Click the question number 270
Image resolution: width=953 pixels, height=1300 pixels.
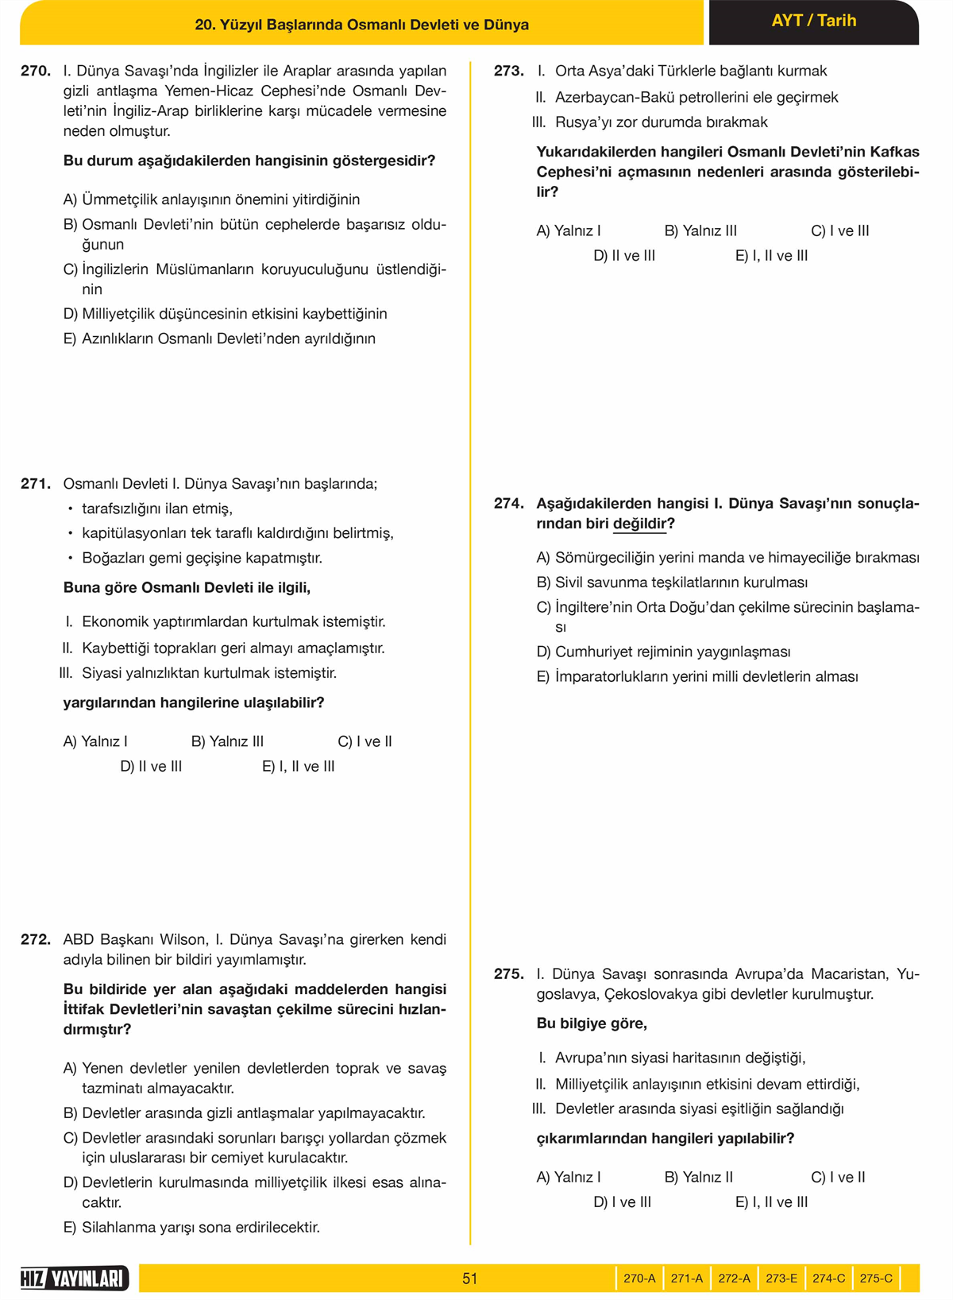pyautogui.click(x=36, y=71)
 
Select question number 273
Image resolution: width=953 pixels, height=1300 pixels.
pyautogui.click(x=508, y=71)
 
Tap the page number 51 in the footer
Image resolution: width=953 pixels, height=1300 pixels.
pyautogui.click(x=469, y=1279)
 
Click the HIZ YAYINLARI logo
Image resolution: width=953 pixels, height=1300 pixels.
pyautogui.click(x=74, y=1279)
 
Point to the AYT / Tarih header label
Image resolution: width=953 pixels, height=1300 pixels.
pyautogui.click(x=813, y=21)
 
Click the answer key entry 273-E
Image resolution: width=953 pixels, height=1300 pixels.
pyautogui.click(x=781, y=1279)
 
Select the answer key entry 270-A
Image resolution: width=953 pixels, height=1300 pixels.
pyautogui.click(x=639, y=1279)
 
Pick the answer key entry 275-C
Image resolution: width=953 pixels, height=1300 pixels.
pyautogui.click(x=876, y=1279)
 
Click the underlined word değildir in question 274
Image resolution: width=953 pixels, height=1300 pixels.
pyautogui.click(x=639, y=524)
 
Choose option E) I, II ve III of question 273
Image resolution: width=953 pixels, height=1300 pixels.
pyautogui.click(x=771, y=256)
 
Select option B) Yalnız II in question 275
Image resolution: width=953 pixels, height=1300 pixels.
pyautogui.click(x=698, y=1177)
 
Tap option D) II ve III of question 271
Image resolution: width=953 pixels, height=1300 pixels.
pyautogui.click(x=151, y=766)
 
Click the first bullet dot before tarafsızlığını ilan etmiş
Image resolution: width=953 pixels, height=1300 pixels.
pyautogui.click(x=70, y=509)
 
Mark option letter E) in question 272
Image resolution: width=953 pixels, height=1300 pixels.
pyautogui.click(x=70, y=1227)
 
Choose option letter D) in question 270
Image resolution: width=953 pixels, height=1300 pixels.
pyautogui.click(x=70, y=314)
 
